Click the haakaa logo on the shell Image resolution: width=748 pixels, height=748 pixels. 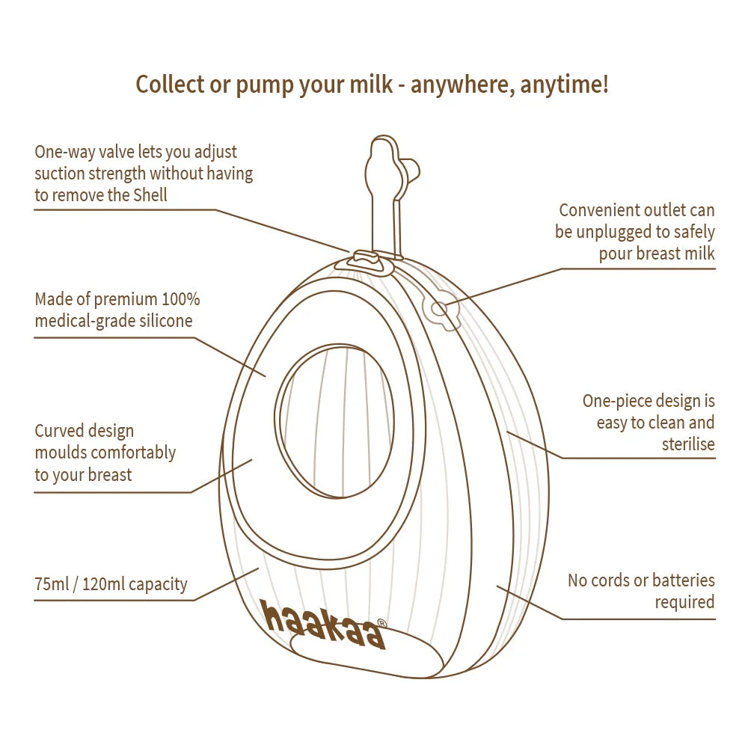(x=323, y=625)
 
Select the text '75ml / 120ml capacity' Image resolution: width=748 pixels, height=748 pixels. (x=111, y=584)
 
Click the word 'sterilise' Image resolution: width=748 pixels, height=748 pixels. (x=688, y=444)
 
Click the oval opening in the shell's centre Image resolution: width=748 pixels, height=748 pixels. (x=334, y=421)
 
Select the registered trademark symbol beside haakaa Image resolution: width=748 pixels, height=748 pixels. (x=381, y=623)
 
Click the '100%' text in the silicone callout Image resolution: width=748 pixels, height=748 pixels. (x=182, y=299)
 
